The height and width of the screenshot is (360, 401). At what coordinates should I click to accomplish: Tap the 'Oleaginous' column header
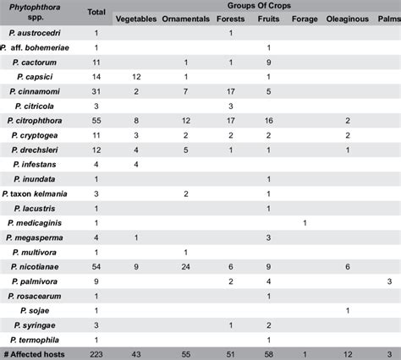click(x=348, y=19)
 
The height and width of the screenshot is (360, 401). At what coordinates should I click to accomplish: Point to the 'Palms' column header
click(x=388, y=19)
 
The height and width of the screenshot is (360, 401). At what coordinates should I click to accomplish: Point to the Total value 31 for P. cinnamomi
click(x=96, y=90)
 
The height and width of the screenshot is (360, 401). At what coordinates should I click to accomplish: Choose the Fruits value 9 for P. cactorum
click(x=268, y=62)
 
